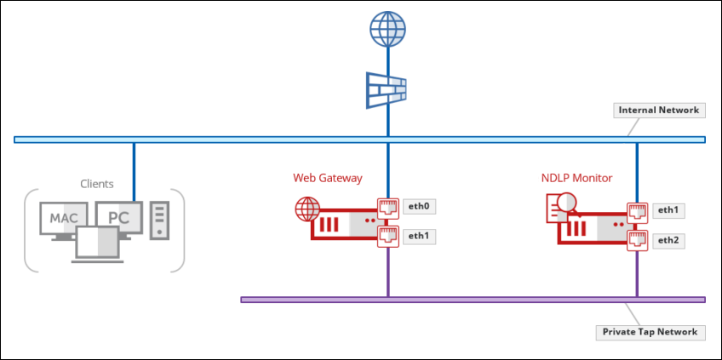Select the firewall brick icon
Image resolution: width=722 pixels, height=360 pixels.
tap(387, 89)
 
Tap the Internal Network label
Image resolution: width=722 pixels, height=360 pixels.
tap(658, 111)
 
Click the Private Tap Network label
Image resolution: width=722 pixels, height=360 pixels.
tap(650, 332)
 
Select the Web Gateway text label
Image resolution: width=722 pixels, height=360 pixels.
tap(328, 178)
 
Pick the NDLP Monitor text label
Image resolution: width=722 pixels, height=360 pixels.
tap(576, 178)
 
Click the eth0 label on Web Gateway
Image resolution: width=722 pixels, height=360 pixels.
tap(417, 206)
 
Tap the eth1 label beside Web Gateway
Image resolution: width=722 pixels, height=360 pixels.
tap(417, 236)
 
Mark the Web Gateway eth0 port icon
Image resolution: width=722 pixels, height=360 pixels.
tap(388, 207)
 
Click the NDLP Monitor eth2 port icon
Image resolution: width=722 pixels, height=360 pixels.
tap(637, 240)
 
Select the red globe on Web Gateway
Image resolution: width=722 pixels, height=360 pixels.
tap(307, 209)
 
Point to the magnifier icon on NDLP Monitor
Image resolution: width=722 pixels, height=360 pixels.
tap(564, 203)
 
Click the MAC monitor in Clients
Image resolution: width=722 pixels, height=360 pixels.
tap(63, 220)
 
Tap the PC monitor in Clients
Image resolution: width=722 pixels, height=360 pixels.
tap(118, 217)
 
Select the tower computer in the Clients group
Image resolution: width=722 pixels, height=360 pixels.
tap(158, 219)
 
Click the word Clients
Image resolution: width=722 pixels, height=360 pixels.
tap(97, 183)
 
